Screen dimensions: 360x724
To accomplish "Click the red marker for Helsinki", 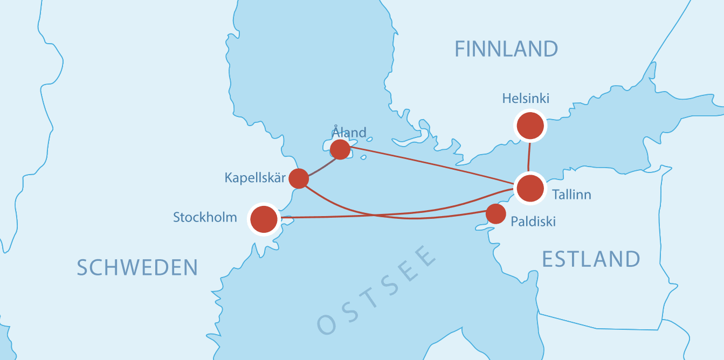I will pos(530,126).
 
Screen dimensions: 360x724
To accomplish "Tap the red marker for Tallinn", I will pos(530,188).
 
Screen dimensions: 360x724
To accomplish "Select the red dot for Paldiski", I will pos(495,213).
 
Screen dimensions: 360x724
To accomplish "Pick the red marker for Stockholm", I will pos(264,219).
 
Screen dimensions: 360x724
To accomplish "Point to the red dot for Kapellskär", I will pos(299,178).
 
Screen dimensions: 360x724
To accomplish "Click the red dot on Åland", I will pos(340,149).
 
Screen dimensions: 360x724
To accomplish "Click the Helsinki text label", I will pos(526,99).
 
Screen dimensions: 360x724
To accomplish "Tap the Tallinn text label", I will pos(571,195).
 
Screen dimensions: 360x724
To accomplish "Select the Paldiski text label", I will pos(533,221).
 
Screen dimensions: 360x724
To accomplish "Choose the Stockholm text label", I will pos(205,217).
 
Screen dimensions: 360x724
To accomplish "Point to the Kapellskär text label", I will pos(254,177).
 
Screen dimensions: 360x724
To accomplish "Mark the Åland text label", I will pos(349,132).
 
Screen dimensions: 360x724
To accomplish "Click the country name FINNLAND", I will pos(506,49).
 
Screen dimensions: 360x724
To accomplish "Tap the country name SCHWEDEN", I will pos(137,267).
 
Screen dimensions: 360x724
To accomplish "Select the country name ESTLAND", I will pos(591,259).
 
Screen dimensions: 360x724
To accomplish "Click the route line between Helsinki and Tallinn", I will pos(529,157).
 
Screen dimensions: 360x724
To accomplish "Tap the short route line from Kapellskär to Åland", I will pos(319,165).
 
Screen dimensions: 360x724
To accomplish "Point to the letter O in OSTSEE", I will pos(328,323).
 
